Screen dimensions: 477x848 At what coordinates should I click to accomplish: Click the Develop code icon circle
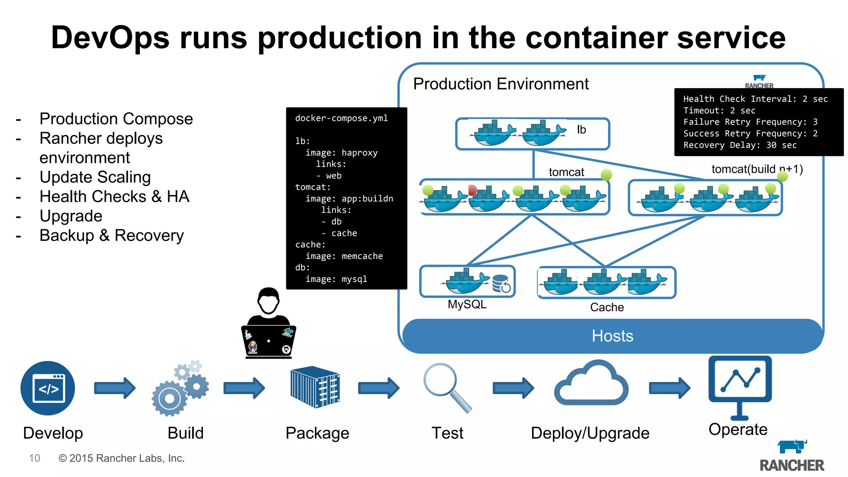click(48, 388)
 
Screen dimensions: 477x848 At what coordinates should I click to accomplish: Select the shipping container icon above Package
click(315, 387)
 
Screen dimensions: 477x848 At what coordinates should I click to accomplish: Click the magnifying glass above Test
click(446, 386)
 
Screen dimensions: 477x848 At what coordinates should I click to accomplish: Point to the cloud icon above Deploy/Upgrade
click(591, 384)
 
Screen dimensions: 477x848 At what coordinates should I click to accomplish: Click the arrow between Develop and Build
click(115, 388)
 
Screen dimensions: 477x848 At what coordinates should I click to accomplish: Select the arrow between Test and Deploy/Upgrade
click(513, 388)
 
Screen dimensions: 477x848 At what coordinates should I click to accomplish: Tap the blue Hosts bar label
click(612, 336)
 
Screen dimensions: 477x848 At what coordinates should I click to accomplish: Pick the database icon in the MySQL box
click(501, 284)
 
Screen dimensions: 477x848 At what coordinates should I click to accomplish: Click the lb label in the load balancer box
click(581, 130)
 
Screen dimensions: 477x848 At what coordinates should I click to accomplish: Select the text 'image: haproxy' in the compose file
click(341, 153)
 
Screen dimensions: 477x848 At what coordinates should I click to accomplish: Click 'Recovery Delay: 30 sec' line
click(740, 145)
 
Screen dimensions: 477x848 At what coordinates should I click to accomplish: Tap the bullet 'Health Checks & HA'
click(114, 197)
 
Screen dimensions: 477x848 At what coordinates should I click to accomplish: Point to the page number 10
click(34, 458)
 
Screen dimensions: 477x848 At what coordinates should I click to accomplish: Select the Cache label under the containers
click(607, 307)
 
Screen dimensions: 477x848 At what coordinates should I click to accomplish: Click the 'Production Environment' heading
click(501, 84)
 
